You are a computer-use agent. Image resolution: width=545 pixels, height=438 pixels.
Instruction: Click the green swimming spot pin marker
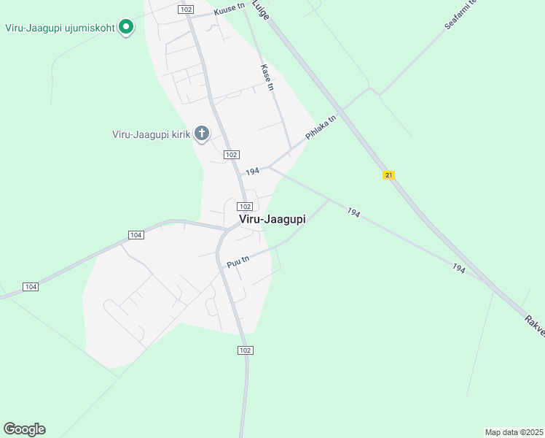pyautogui.click(x=125, y=27)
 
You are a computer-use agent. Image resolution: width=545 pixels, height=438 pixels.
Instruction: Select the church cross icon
pyautogui.click(x=202, y=134)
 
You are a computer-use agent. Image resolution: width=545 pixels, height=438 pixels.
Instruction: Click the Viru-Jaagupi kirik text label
pyautogui.click(x=151, y=134)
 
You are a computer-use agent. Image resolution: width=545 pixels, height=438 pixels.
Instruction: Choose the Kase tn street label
pyautogui.click(x=267, y=77)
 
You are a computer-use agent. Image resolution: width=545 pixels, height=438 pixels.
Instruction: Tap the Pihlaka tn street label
pyautogui.click(x=321, y=128)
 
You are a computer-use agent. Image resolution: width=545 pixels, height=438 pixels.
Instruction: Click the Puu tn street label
pyautogui.click(x=238, y=261)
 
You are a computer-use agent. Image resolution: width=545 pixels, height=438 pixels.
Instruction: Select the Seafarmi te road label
pyautogui.click(x=460, y=15)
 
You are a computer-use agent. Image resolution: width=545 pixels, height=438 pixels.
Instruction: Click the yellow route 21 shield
pyautogui.click(x=388, y=175)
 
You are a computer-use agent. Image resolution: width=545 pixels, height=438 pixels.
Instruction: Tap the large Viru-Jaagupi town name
pyautogui.click(x=272, y=219)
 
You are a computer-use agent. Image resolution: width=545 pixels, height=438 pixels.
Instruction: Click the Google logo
pyautogui.click(x=24, y=429)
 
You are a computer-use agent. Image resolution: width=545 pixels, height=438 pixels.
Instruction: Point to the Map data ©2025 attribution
pyautogui.click(x=514, y=432)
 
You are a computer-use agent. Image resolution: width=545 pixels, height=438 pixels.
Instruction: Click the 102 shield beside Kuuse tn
pyautogui.click(x=186, y=9)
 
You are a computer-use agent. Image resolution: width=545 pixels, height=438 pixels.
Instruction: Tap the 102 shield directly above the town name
pyautogui.click(x=245, y=207)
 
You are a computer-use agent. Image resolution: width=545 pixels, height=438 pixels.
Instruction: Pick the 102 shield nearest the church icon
pyautogui.click(x=231, y=154)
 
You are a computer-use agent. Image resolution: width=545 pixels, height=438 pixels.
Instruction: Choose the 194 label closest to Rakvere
pyautogui.click(x=458, y=269)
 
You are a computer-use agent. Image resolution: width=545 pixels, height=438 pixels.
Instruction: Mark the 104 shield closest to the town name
pyautogui.click(x=136, y=234)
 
